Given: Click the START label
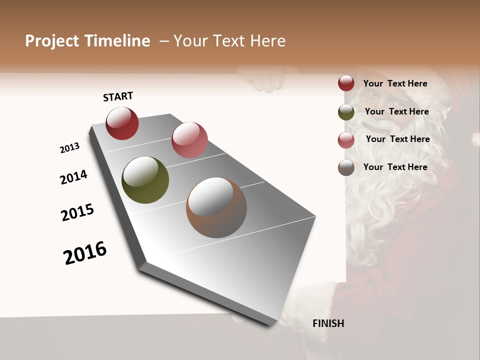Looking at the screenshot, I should click(118, 96).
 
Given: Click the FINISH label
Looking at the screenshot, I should click(328, 323).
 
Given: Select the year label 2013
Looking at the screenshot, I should click(69, 148).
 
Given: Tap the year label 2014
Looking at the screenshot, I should click(73, 177).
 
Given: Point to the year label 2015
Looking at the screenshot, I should click(77, 212).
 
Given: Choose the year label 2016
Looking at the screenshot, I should click(85, 253).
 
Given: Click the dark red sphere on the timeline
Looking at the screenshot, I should click(122, 123).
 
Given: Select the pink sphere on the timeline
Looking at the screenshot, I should click(189, 140).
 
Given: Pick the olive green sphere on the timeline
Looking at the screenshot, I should click(145, 180).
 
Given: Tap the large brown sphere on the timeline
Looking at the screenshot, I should click(216, 207).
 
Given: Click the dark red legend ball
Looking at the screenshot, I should click(346, 83).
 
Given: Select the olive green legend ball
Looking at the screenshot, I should click(346, 112).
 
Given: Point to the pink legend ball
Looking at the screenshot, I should click(346, 140).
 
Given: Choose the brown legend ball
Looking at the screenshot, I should click(346, 168).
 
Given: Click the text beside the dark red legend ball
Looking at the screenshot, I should click(395, 83).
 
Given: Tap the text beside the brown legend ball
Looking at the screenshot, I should click(395, 167).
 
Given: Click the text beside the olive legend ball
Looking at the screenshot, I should click(396, 111).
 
